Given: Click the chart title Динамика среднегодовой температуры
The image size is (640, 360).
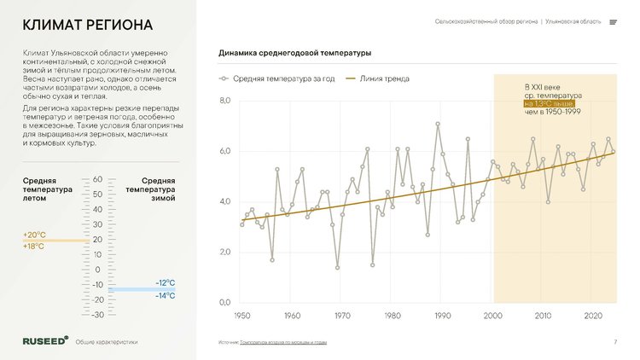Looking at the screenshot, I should pos(295,54).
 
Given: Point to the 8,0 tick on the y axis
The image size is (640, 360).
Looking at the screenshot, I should pos(225,102).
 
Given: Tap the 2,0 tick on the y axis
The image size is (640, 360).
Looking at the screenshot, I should pos(225,253).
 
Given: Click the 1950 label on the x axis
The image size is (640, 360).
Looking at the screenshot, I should pos(241,316).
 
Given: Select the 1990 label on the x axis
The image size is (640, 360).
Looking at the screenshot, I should pos(442,316).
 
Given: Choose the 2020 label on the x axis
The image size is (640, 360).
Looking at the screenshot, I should pos(593,316).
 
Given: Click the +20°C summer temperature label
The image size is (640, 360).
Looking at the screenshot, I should pos(33,235).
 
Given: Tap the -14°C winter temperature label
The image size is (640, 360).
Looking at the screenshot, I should pos(166,296).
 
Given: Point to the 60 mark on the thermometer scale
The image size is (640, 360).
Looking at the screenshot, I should pos(97,179).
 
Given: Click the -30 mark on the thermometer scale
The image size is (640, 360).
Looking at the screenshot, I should pos(97,315).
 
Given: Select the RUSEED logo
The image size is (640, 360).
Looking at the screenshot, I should pos(45,340).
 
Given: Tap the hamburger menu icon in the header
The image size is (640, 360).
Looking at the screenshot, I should pos(614,22).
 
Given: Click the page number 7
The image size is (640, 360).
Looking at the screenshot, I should pos(614,342).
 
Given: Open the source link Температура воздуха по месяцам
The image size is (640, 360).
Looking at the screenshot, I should pos(283,342).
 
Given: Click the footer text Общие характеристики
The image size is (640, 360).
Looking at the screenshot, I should pos(107,341).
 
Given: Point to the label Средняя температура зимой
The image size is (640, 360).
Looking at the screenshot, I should pos(159,189).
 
